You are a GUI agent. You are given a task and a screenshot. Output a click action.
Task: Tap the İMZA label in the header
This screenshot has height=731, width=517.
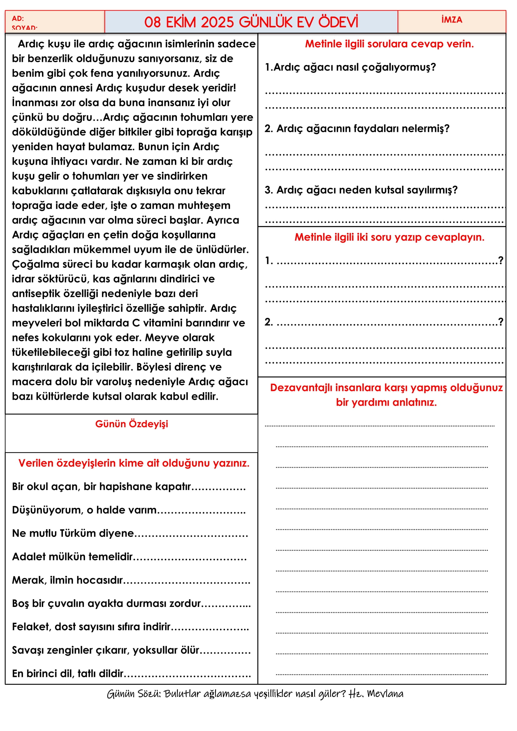coord(451,20)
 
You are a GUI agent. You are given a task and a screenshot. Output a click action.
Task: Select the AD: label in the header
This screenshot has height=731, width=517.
coord(18,18)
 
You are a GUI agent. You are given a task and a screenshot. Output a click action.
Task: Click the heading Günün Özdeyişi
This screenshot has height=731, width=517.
coord(132,424)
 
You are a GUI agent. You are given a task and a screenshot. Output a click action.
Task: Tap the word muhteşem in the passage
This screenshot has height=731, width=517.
coord(204,205)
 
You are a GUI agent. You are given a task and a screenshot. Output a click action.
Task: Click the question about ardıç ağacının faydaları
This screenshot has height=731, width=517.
coord(357,128)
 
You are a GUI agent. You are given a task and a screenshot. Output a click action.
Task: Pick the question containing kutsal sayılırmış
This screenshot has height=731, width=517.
coord(361,190)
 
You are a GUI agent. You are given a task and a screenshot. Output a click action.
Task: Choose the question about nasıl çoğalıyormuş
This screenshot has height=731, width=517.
coord(350,67)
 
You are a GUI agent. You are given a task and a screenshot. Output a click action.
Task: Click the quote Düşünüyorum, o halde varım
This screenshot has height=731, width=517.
coord(84,510)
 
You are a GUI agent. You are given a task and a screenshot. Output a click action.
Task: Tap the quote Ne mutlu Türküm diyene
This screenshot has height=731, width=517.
coord(73,533)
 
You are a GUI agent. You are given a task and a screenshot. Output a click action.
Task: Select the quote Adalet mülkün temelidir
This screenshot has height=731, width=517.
coord(72,557)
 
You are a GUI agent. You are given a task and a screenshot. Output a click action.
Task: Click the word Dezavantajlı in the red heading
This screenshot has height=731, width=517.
coord(301,388)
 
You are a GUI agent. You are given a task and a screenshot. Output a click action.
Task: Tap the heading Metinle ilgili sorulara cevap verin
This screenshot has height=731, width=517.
coord(389,44)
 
